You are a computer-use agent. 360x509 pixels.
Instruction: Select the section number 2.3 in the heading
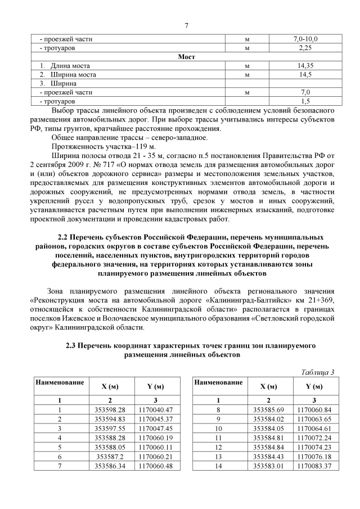(73, 343)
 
